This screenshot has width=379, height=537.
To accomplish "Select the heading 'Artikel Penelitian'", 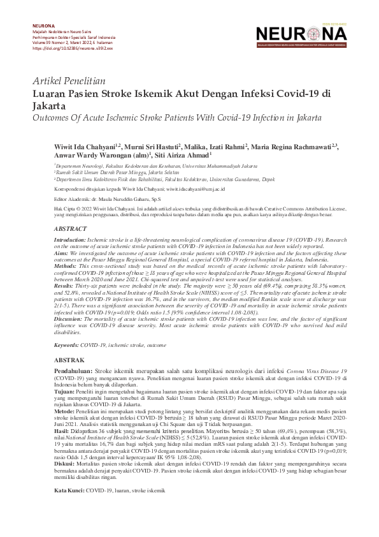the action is [69, 82].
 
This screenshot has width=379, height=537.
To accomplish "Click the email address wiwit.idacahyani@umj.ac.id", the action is [197, 189].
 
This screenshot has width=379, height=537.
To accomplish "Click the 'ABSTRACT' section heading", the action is [70, 228].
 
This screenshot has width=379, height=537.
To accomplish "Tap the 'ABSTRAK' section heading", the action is [68, 360].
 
